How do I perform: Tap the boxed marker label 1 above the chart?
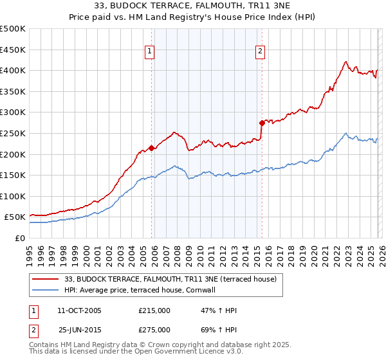tap(149, 52)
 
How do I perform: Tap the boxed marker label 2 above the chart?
tap(260, 52)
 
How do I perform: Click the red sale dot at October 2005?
tap(152, 148)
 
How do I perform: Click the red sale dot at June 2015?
tap(262, 122)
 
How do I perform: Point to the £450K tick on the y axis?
tap(13, 50)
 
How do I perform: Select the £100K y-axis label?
tap(13, 196)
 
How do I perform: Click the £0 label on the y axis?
tap(19, 238)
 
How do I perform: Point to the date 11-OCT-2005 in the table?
tap(80, 310)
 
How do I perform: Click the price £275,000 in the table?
tap(154, 329)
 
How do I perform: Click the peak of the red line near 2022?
tap(345, 62)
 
